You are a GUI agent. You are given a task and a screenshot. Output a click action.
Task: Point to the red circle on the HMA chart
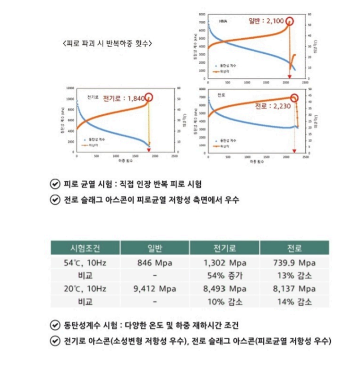point(290,21)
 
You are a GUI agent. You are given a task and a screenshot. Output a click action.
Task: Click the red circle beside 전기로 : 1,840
point(149,97)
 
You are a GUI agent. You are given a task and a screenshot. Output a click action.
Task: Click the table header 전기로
point(224,248)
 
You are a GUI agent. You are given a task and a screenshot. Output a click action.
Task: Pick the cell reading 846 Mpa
point(154,262)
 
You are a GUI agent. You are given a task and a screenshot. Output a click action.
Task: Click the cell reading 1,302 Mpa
point(224,262)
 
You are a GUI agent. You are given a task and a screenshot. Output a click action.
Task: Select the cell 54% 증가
point(224,275)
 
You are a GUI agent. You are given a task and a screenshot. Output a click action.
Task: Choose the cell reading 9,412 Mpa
point(154,288)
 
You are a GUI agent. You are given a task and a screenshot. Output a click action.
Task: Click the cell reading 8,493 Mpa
point(224,288)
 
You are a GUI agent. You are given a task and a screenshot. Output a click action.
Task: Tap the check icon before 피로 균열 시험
point(55,184)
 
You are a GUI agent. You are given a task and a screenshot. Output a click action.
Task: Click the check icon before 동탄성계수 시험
point(55,325)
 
